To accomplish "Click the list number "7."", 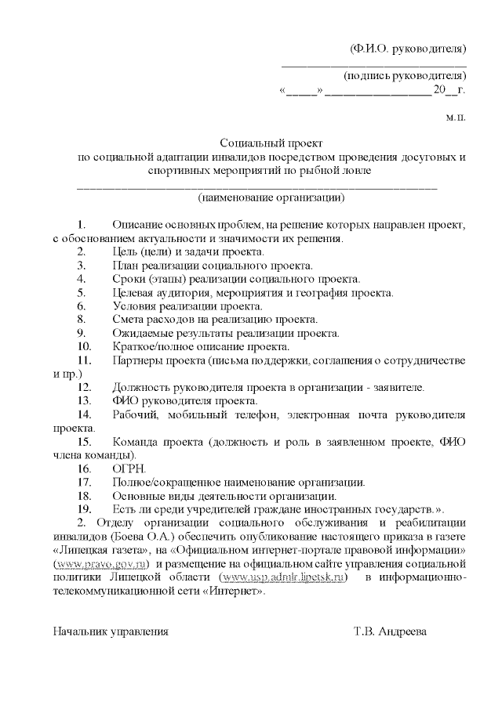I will tap(82, 306).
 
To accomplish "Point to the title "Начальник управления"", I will tap(111, 630).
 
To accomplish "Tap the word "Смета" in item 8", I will tap(128, 319).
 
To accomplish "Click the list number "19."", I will tap(85, 508).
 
